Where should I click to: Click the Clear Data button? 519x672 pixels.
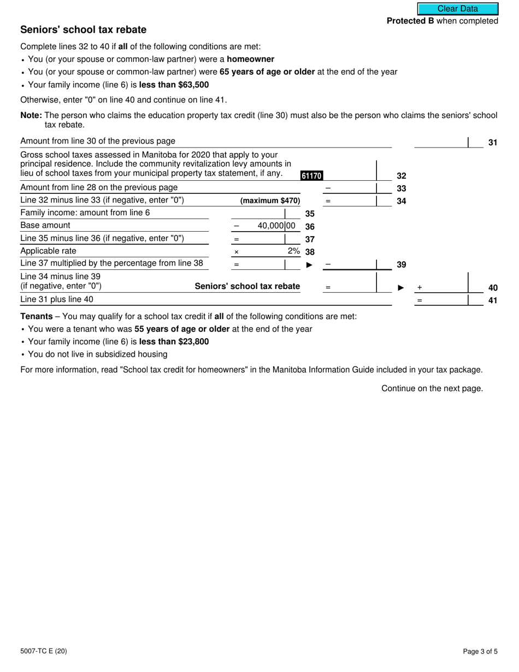pos(458,9)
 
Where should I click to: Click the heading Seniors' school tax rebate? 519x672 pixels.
pos(83,30)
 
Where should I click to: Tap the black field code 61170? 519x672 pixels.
pos(311,175)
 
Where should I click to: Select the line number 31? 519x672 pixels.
pos(492,143)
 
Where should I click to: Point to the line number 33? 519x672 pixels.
pos(401,188)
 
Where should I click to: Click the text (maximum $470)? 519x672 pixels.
pos(270,201)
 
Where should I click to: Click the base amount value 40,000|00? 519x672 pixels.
pos(276,226)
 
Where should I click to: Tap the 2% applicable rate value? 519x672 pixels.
pos(293,251)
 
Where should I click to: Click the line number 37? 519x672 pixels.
pos(309,239)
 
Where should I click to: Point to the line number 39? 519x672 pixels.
pos(401,264)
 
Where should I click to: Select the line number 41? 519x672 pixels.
pos(492,300)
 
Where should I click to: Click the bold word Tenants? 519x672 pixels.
pos(37,316)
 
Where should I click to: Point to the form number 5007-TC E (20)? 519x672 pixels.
pos(44,651)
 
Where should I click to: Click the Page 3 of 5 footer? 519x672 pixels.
pos(480,651)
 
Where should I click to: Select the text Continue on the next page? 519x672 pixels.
pos(432,388)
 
